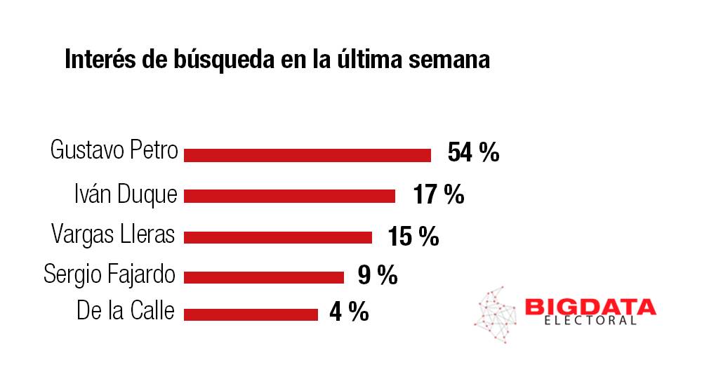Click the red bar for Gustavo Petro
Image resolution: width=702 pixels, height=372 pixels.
pyautogui.click(x=307, y=155)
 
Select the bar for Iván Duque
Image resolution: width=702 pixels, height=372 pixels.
pyautogui.click(x=289, y=196)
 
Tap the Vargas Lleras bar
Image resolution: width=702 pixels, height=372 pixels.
pyautogui.click(x=278, y=237)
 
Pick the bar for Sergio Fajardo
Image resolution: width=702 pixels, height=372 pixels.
pyautogui.click(x=264, y=277)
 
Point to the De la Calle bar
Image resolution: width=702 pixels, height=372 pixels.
pyautogui.click(x=251, y=314)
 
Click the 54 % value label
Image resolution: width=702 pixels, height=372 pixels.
pyautogui.click(x=473, y=152)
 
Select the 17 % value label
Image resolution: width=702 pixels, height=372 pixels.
pyautogui.click(x=439, y=194)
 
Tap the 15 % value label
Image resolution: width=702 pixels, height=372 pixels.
pyautogui.click(x=413, y=237)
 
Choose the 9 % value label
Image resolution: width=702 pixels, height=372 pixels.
pyautogui.click(x=378, y=275)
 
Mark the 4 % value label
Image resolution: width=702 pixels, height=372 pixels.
pyautogui.click(x=349, y=312)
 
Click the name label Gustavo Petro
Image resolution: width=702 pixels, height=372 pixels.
pyautogui.click(x=114, y=151)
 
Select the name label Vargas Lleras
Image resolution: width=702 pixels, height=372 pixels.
pyautogui.click(x=113, y=234)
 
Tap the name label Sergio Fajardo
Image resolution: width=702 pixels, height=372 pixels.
pyautogui.click(x=109, y=274)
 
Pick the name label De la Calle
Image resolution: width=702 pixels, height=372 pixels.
pyautogui.click(x=125, y=310)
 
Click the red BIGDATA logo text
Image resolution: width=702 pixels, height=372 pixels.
pyautogui.click(x=590, y=307)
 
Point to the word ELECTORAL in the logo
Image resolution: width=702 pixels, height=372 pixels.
pyautogui.click(x=590, y=321)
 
